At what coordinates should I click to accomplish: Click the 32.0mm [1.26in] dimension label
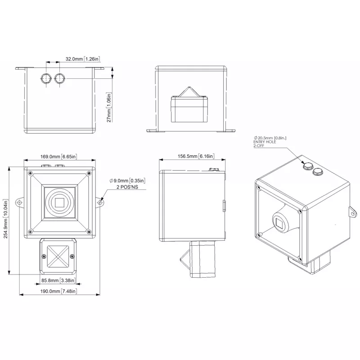(x=83, y=59)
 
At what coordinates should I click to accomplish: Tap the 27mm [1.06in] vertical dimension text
(x=109, y=107)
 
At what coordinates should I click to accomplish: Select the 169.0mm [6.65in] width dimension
(x=58, y=157)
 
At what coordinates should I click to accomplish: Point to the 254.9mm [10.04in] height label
(x=6, y=219)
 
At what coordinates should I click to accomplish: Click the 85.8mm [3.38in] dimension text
(x=58, y=280)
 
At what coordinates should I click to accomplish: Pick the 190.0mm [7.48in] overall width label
(x=58, y=291)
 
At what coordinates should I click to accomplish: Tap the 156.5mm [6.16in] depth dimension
(x=196, y=156)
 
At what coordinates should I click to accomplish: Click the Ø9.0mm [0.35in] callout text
(x=127, y=181)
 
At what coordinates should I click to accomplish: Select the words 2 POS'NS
(x=127, y=187)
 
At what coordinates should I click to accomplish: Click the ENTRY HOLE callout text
(x=265, y=142)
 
